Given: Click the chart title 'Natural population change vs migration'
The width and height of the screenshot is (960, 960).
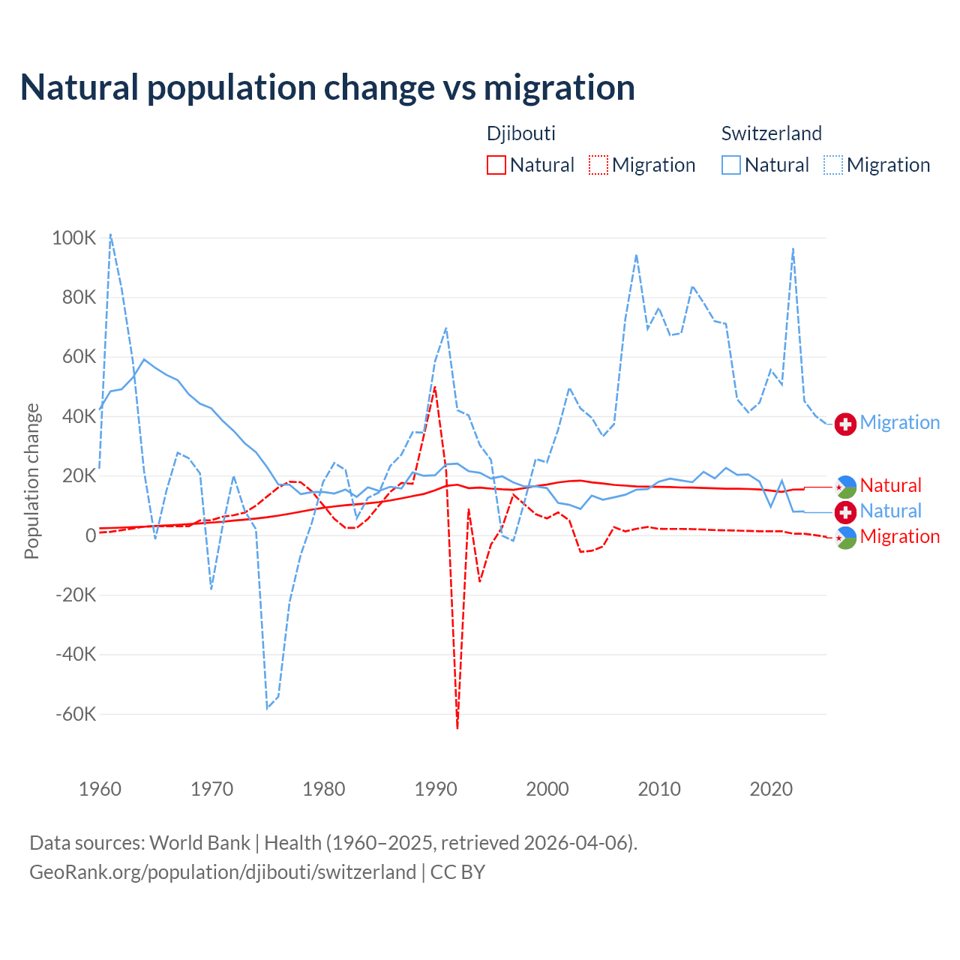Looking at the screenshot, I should click(x=328, y=88).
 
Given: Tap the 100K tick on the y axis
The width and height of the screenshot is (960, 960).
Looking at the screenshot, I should click(x=74, y=238).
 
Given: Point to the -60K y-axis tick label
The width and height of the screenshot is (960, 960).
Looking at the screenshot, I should click(x=76, y=714).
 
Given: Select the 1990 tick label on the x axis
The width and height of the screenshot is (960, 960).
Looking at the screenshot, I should click(x=436, y=789).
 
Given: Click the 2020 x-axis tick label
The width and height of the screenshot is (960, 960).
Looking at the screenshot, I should click(x=771, y=789).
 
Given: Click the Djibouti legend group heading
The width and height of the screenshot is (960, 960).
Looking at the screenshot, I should click(x=521, y=133).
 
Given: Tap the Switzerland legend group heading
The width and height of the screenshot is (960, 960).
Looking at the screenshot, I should click(x=771, y=133).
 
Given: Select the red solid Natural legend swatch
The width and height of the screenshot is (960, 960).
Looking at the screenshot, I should click(x=496, y=165).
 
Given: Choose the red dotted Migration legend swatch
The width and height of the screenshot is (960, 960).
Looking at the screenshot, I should click(x=598, y=165).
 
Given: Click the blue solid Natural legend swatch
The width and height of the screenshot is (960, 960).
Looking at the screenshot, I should click(x=731, y=165).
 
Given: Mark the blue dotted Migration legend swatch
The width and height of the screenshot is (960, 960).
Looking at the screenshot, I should click(x=833, y=165).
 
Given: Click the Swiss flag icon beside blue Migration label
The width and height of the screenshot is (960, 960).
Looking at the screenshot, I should click(x=845, y=424).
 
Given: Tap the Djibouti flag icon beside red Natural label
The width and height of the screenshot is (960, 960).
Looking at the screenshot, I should click(x=845, y=487).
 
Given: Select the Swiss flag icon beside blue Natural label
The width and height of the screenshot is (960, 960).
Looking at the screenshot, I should click(x=845, y=512).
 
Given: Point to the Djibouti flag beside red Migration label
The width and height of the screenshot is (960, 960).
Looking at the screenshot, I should click(x=845, y=538).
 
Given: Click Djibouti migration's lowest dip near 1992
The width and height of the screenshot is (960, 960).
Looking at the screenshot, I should click(x=457, y=727).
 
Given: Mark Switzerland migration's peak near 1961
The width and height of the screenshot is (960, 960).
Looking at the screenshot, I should click(x=110, y=234).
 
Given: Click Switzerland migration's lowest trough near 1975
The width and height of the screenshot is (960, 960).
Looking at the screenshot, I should click(x=267, y=708).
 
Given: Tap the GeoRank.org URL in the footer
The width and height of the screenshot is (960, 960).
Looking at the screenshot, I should click(x=222, y=872).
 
